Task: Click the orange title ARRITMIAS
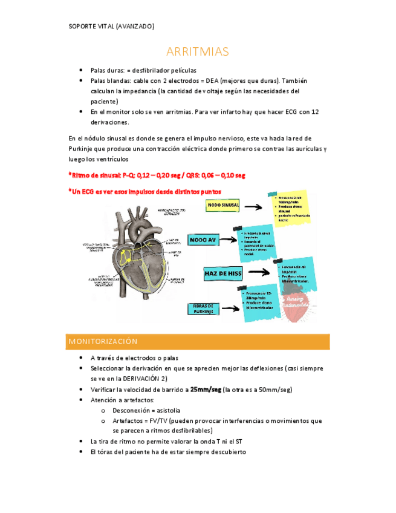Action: [x=198, y=52]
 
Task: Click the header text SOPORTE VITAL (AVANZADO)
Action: [x=112, y=27]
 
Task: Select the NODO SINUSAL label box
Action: [x=223, y=206]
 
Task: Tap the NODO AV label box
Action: [x=203, y=240]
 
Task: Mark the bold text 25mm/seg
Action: [x=206, y=390]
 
